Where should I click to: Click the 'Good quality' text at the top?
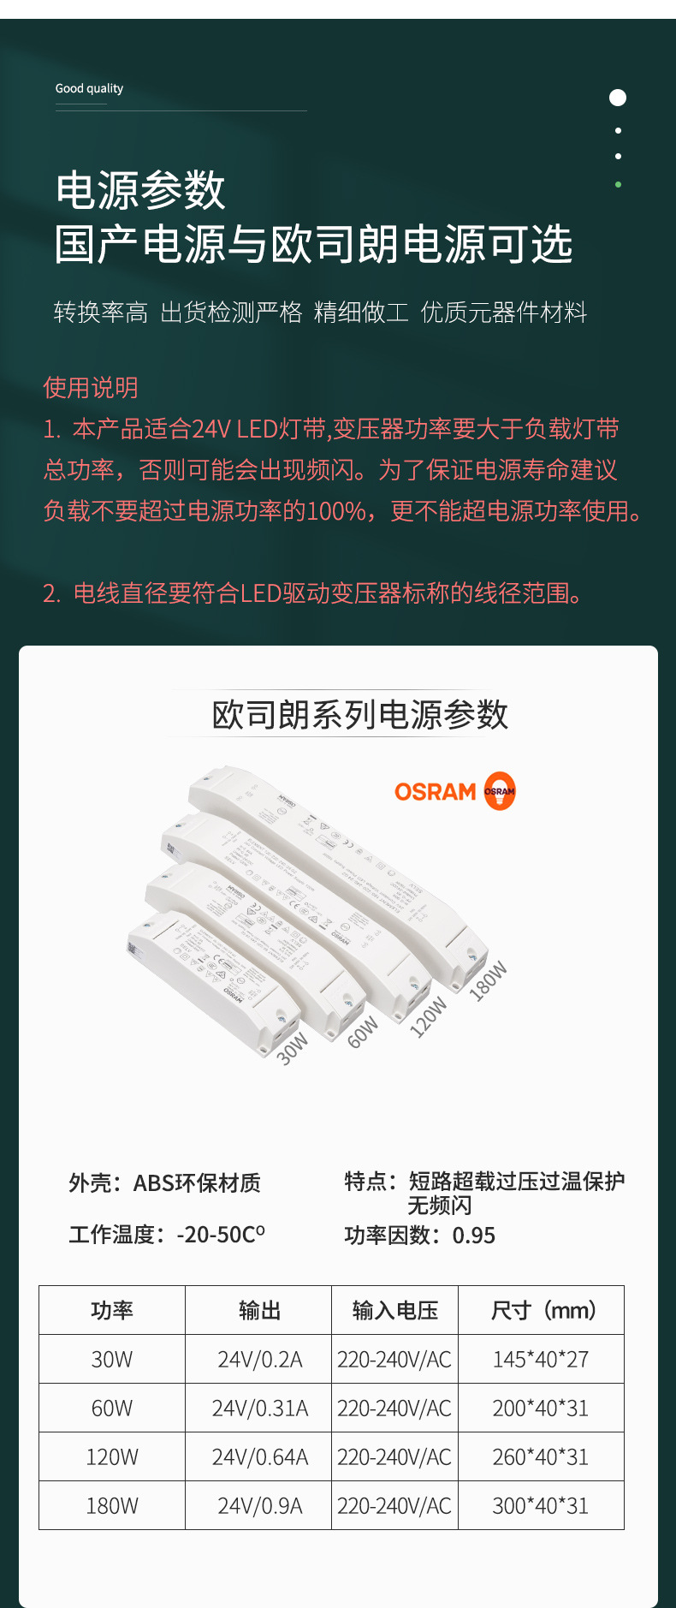89,88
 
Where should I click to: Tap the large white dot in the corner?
618,98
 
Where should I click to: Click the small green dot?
618,184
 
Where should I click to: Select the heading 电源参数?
140,190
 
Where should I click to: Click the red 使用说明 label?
91,388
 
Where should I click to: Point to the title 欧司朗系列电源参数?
359,714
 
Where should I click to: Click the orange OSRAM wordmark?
435,792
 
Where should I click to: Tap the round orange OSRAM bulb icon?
500,791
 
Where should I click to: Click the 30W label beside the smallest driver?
292,1048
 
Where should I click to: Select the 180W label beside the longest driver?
489,981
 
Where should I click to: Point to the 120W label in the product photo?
428,1017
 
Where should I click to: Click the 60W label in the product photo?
363,1033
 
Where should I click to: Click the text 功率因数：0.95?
419,1236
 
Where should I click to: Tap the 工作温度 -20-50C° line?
167,1235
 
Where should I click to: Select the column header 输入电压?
395,1310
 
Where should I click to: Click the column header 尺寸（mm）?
542,1310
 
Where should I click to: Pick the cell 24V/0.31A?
259,1408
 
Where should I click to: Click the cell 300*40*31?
541,1506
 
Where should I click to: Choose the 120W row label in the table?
112,1457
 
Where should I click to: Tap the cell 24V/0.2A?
259,1360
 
